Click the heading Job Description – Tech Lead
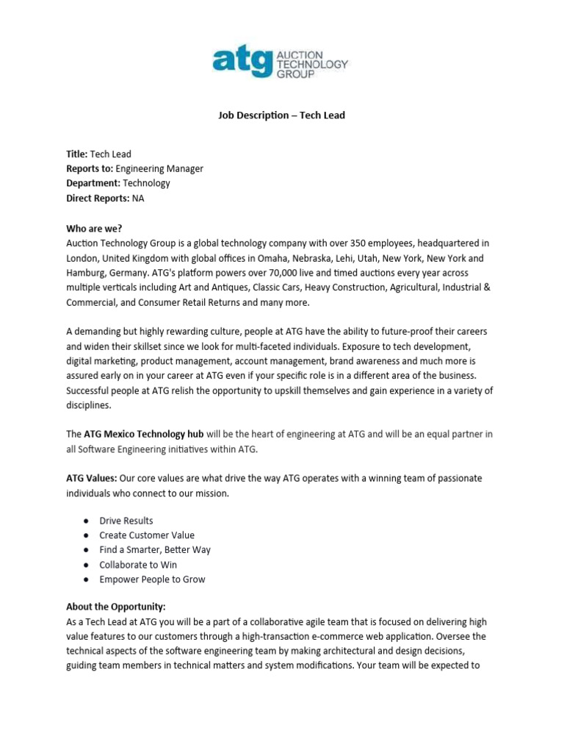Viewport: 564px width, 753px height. click(282, 115)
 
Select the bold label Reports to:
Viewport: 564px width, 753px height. click(90, 168)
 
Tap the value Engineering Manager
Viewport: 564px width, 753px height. click(159, 168)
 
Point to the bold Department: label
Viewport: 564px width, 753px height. click(93, 183)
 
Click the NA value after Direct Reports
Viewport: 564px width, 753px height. click(139, 198)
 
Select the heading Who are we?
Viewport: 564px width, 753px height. click(95, 228)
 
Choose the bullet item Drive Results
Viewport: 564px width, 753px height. click(126, 521)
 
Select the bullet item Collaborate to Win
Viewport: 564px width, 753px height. click(138, 565)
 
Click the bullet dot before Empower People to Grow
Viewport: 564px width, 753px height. click(86, 579)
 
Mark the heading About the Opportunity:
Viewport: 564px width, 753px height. click(116, 607)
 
